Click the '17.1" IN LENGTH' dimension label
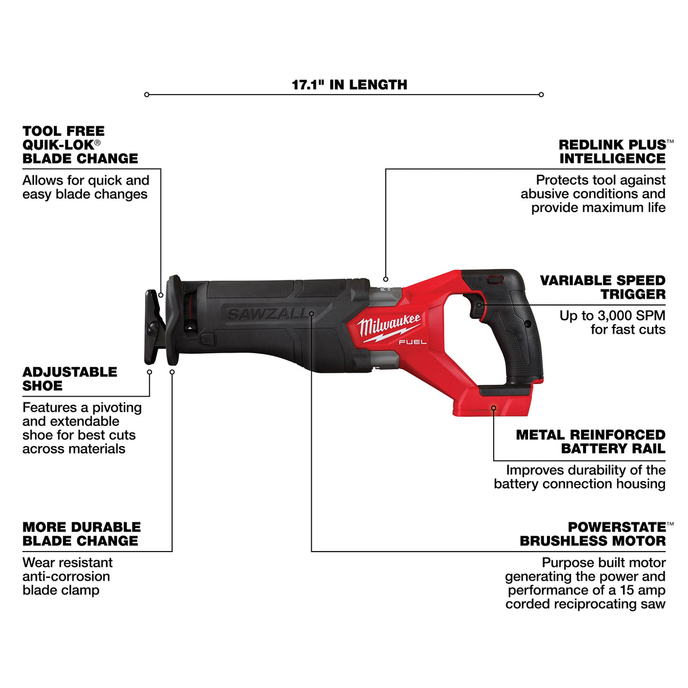pos(349,85)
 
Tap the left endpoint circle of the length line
pos(147,95)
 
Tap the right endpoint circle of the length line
pos(541,95)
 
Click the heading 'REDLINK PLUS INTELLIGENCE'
pos(612,151)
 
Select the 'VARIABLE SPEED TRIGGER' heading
pos(603,287)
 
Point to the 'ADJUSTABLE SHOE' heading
pos(69,379)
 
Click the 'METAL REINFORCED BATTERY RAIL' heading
pos(591,441)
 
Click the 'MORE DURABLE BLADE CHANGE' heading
pos(81,534)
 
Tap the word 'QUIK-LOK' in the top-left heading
pos(58,145)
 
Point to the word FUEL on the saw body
pos(412,342)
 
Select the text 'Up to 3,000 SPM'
pos(612,315)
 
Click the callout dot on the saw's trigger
pos(479,304)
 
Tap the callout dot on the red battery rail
pos(494,408)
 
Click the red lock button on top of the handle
pos(496,280)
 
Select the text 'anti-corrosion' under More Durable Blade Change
pos(66,576)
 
